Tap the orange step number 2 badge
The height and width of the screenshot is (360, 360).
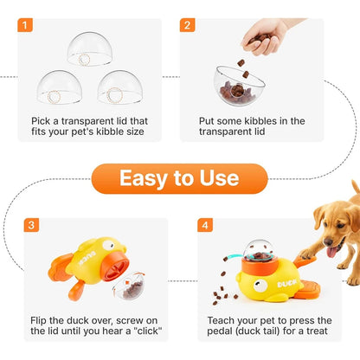click(x=188, y=25)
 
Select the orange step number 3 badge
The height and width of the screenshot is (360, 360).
click(x=32, y=225)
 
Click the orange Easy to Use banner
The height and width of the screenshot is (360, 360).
click(x=178, y=178)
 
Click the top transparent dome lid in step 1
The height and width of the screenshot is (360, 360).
click(x=90, y=48)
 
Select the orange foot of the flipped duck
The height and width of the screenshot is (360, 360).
click(x=61, y=276)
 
